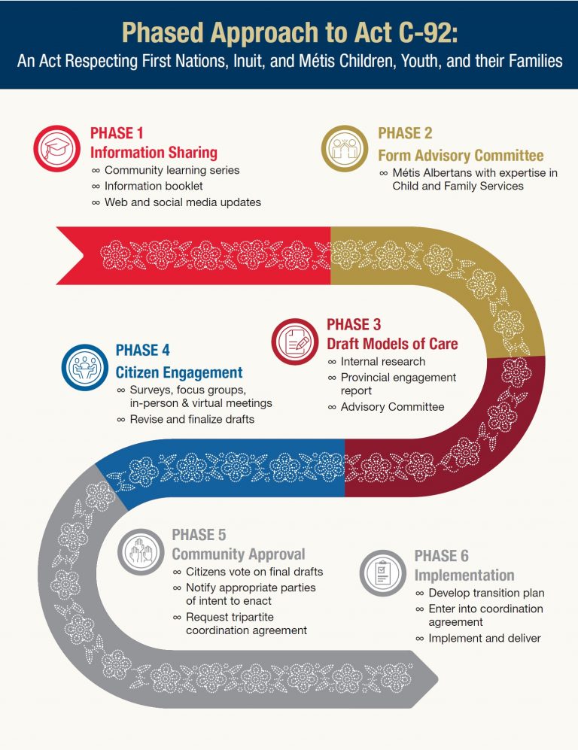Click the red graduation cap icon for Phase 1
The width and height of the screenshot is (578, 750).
(x=56, y=147)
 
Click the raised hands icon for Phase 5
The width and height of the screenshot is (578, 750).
(x=141, y=551)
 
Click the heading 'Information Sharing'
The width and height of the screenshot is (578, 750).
(x=154, y=152)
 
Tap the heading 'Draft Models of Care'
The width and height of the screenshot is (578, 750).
(x=392, y=344)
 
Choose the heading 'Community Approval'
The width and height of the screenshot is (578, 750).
(x=239, y=554)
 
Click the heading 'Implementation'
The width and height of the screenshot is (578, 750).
(x=464, y=575)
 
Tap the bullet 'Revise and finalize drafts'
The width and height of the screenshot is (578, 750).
(x=192, y=419)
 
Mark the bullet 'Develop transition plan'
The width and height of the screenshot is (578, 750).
(x=486, y=593)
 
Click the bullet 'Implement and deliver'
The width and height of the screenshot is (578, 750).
(x=485, y=638)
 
